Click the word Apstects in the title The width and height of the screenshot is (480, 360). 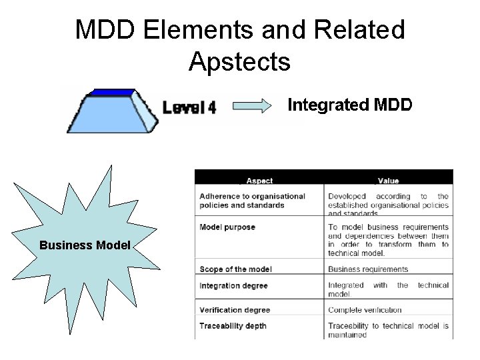tap(239, 61)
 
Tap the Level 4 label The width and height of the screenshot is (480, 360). tap(189, 107)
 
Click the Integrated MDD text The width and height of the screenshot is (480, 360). tap(349, 105)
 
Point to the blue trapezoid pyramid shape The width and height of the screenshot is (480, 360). tap(110, 110)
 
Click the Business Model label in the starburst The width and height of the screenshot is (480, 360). tap(85, 245)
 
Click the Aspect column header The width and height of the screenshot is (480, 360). tap(259, 181)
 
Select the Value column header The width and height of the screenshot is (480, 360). tap(388, 181)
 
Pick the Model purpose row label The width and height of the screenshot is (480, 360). tap(227, 227)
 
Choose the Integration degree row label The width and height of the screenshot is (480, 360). tap(233, 285)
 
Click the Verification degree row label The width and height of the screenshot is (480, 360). tap(234, 310)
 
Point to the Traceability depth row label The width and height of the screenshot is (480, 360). tap(233, 326)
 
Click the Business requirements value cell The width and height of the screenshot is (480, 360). tap(368, 269)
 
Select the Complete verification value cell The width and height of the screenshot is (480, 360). tap(365, 310)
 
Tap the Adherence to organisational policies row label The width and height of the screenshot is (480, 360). tap(252, 201)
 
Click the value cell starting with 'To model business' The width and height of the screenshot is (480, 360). tap(388, 240)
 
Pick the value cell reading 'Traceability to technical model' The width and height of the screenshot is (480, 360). tap(388, 330)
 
